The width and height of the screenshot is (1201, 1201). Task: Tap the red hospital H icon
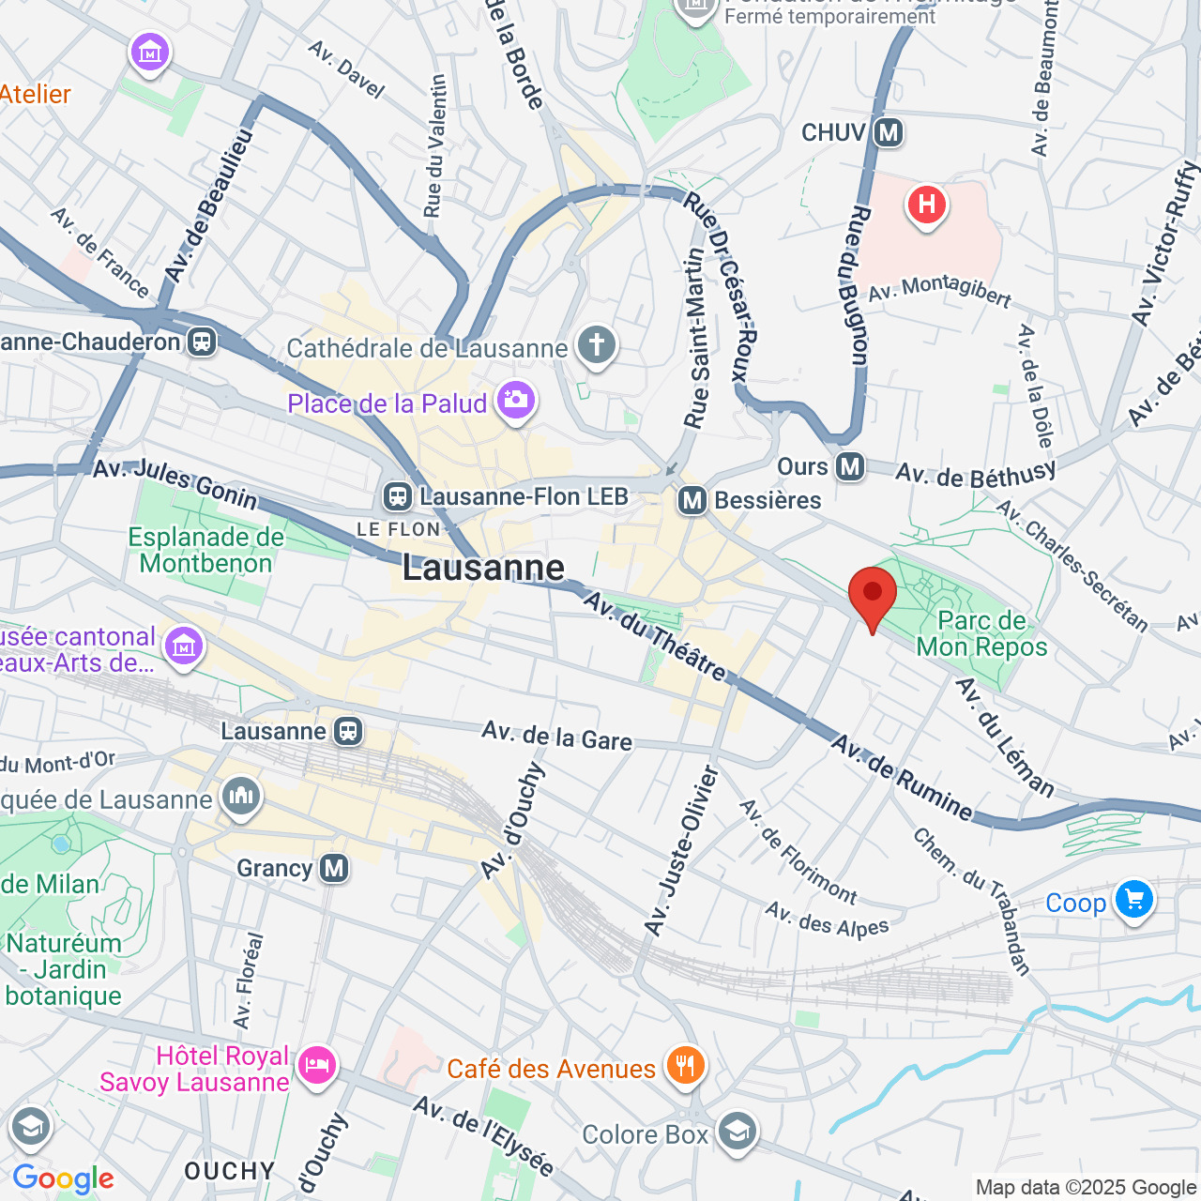[927, 205]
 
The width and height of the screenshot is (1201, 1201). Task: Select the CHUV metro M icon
[888, 132]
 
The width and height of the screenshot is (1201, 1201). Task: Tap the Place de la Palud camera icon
[515, 401]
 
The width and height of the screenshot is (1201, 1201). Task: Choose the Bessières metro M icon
[692, 501]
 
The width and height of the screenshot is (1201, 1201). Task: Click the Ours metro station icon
[850, 466]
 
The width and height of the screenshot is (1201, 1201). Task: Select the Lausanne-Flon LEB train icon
[398, 496]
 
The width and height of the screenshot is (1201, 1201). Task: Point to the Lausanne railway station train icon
[348, 731]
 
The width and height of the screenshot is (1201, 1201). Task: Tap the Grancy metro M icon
[334, 868]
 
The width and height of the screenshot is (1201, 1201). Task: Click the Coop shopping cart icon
[1133, 901]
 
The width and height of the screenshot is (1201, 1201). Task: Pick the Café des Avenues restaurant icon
[686, 1066]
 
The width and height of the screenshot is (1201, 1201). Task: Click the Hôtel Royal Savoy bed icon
[316, 1066]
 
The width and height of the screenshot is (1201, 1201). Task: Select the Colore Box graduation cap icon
[737, 1133]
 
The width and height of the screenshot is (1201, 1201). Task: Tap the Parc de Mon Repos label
[981, 634]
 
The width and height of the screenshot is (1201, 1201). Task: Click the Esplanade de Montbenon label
[205, 550]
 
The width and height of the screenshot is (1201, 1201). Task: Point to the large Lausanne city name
[483, 568]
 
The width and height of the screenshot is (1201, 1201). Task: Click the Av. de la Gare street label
[557, 737]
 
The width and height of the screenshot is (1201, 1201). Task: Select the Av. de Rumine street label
[903, 778]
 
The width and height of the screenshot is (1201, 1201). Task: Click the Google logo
[63, 1178]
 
